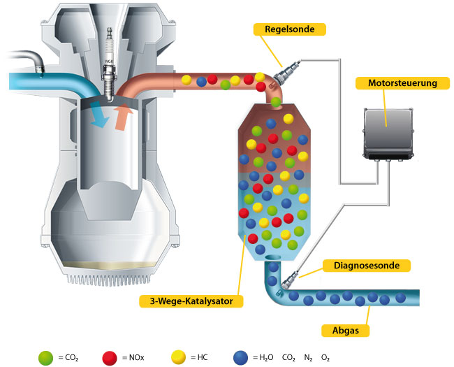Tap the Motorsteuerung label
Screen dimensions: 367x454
397,83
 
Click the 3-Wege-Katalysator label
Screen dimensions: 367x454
191,302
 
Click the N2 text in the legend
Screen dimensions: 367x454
308,357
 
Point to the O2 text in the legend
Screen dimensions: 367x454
325,357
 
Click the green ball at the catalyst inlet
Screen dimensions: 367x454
277,102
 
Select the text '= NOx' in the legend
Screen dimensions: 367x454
131,357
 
